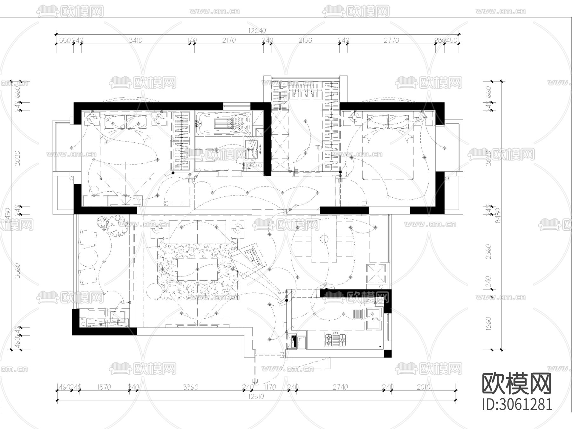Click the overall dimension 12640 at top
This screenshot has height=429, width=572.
click(257, 31)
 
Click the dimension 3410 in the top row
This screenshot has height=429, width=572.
click(136, 40)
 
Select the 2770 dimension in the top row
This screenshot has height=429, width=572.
click(391, 40)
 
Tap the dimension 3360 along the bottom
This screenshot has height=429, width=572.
click(191, 387)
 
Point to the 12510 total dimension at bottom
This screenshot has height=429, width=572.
click(257, 397)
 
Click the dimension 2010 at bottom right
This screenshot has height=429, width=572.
click(423, 387)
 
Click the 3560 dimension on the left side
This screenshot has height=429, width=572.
click(18, 271)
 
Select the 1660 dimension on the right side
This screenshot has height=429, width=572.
click(489, 323)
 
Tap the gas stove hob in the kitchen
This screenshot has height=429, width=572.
click(336, 340)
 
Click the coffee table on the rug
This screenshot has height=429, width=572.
click(198, 269)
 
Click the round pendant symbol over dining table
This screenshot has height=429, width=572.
click(324, 238)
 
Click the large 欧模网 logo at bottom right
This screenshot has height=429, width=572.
click(517, 384)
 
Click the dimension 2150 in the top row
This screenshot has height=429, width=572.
click(305, 40)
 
